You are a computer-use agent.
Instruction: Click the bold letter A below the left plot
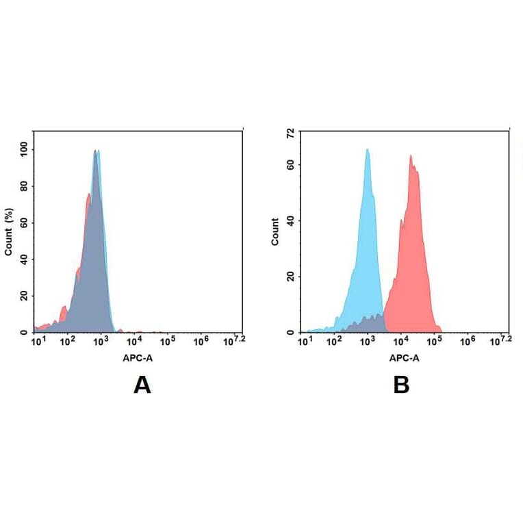click(142, 385)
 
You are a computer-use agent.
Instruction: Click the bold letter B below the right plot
click(401, 385)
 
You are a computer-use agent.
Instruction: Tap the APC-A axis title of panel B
click(404, 357)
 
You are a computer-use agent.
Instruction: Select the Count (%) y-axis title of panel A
click(9, 231)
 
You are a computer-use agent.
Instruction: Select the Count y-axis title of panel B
click(275, 231)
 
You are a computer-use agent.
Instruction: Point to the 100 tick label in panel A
click(25, 149)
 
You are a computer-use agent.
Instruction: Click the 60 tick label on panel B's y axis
click(291, 165)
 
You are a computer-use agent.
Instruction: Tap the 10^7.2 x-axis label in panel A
click(235, 340)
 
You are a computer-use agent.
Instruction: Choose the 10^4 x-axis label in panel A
click(134, 340)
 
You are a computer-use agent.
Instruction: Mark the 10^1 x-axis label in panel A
click(39, 340)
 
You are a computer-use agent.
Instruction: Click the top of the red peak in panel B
click(411, 156)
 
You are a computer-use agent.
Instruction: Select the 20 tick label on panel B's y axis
click(291, 277)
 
